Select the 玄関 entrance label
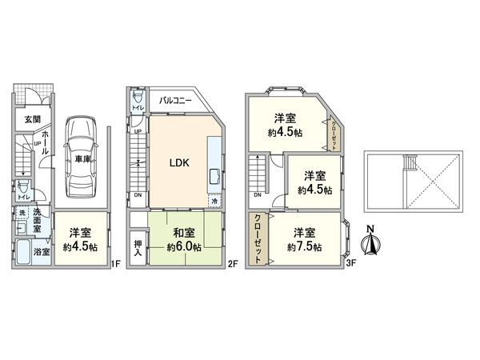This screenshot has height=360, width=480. [x=31, y=119]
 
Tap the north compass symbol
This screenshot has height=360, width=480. [x=370, y=243]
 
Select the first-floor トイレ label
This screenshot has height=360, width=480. [x=24, y=197]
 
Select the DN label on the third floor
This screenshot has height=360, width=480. [x=257, y=195]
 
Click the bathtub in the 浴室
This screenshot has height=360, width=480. [x=22, y=254]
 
